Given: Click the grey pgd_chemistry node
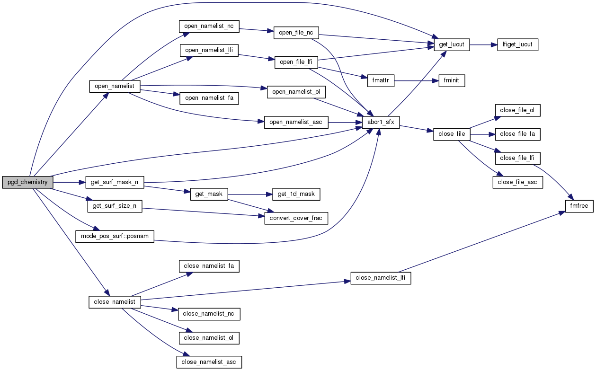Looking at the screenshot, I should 27,182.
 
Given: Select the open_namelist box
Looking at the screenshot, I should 115,86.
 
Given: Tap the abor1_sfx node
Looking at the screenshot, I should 381,122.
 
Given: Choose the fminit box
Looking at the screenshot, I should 452,81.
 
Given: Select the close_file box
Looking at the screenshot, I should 452,134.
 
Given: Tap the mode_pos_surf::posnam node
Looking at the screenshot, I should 115,236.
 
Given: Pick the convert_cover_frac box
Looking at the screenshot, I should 296,218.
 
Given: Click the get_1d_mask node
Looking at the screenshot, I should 295,194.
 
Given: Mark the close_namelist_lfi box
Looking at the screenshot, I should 380,278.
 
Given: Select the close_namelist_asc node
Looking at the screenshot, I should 209,362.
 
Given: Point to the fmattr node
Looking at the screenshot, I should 381,80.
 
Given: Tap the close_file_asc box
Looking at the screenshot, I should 517,182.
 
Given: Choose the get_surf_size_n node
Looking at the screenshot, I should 115,206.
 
